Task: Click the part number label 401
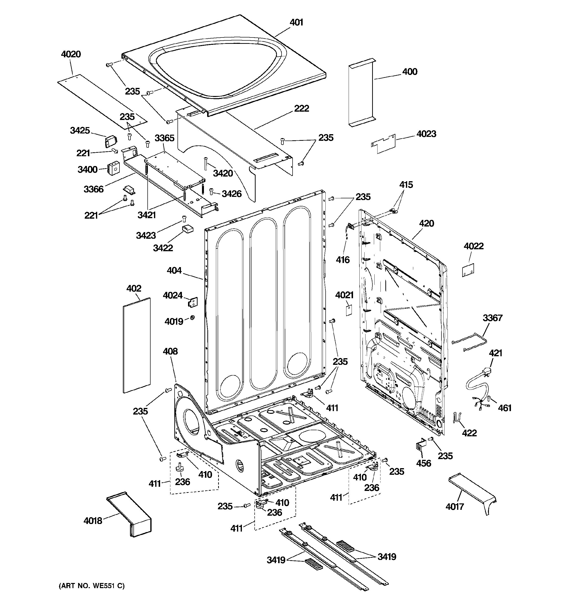point(296,23)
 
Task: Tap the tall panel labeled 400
point(361,93)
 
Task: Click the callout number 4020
point(71,54)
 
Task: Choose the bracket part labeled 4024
point(193,302)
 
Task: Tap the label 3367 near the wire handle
point(492,318)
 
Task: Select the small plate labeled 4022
point(468,270)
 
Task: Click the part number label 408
point(170,351)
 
